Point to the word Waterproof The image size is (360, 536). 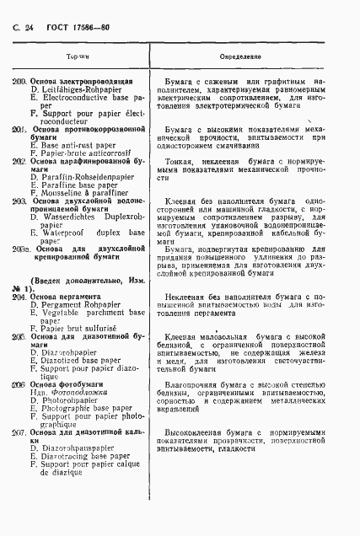pyautogui.click(x=62, y=233)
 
